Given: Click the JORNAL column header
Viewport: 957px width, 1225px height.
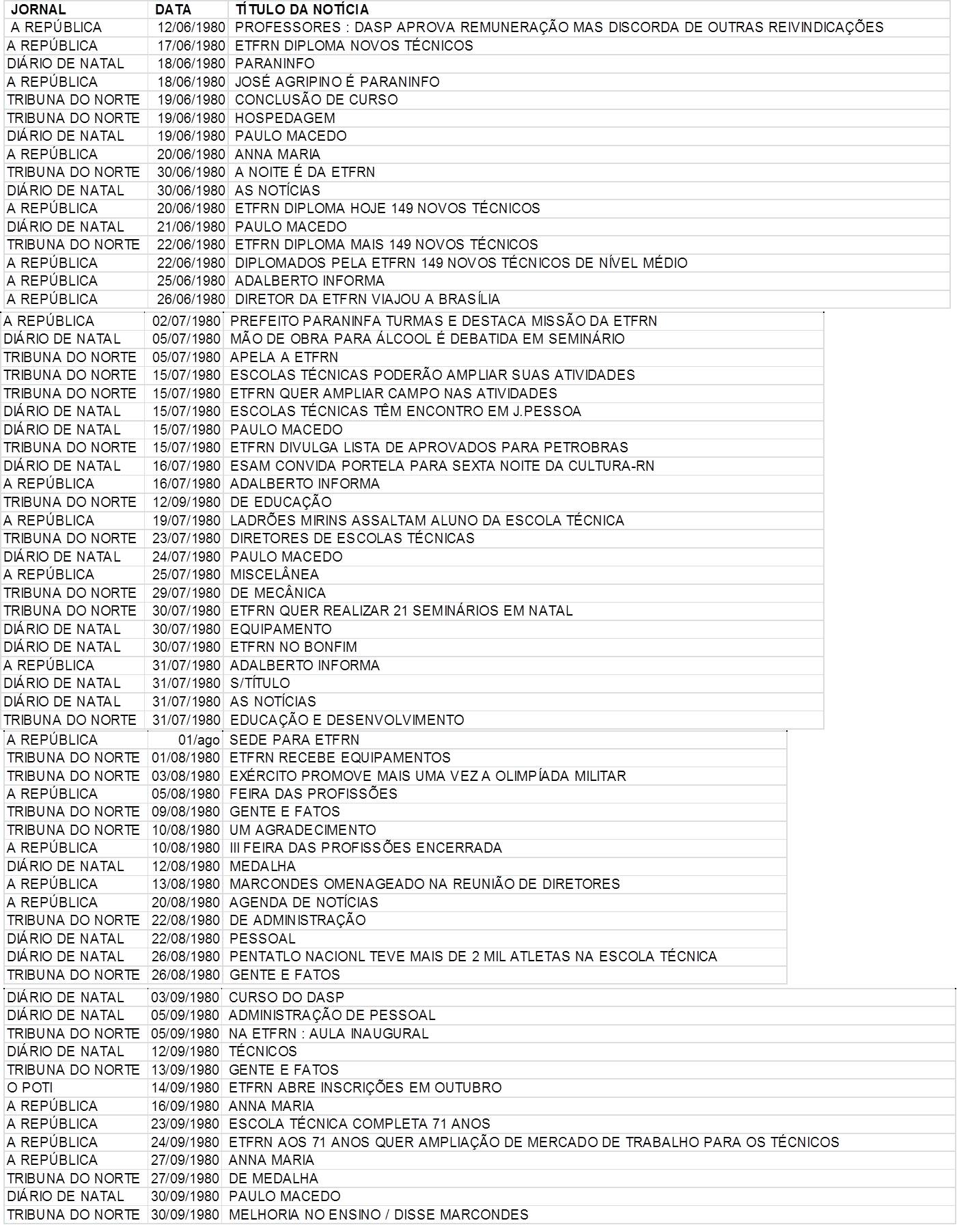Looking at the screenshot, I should click(x=38, y=10).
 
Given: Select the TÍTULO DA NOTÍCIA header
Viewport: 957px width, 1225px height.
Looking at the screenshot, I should click(x=302, y=10).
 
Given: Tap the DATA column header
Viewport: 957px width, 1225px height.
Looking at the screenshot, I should click(x=173, y=10).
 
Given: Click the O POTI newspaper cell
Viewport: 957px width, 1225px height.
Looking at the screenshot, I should click(x=30, y=1087).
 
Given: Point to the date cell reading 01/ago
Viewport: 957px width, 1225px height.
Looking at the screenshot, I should click(x=199, y=740).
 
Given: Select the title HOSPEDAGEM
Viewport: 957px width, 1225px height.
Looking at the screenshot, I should click(x=285, y=118).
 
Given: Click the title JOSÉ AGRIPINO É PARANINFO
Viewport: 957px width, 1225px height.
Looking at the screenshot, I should click(x=337, y=81).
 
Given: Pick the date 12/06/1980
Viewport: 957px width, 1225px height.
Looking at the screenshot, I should click(x=191, y=27).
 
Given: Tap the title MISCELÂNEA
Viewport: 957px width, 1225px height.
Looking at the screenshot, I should click(x=274, y=574).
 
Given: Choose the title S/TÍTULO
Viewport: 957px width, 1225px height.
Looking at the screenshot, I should click(x=260, y=683).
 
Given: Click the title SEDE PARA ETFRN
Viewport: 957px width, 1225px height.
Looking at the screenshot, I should click(x=294, y=740).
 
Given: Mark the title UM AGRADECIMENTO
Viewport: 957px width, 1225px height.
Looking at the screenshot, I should click(x=303, y=829).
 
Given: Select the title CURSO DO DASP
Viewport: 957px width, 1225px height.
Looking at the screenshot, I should click(x=286, y=997).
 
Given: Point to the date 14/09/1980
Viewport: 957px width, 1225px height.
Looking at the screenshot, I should click(x=185, y=1087).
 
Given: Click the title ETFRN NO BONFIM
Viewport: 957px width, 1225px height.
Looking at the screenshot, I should click(x=293, y=646).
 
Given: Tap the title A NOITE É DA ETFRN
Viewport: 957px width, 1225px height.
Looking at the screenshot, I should click(x=305, y=172).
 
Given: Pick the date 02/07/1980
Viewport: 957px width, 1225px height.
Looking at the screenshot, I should click(x=186, y=320).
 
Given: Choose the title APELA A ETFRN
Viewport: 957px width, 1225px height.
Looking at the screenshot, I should click(x=283, y=357).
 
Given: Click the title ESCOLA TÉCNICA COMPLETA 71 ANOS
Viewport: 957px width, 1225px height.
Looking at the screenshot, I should click(x=359, y=1123).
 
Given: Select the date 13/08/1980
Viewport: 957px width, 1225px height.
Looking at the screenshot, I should click(x=186, y=883).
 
